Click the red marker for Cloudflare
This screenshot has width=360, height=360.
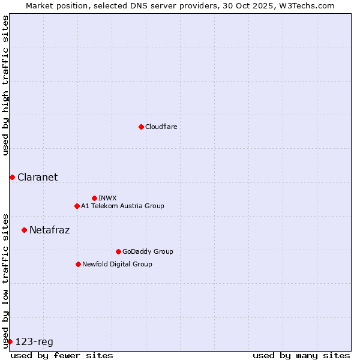(141, 127)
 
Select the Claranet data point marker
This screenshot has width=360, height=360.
(12, 177)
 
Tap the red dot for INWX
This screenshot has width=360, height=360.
(94, 198)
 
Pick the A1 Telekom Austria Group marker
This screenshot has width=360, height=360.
(77, 206)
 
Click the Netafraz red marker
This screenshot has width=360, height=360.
(24, 230)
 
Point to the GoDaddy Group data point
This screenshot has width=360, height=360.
(118, 251)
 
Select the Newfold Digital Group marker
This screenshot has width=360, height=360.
(78, 264)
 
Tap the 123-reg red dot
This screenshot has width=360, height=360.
(10, 341)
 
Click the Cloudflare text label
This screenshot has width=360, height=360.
(161, 127)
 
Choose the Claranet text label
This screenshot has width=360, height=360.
(37, 177)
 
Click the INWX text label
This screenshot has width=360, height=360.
(107, 198)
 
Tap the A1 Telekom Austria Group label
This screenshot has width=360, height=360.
(122, 206)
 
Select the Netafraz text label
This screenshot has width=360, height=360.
(49, 230)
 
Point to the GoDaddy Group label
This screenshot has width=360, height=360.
(148, 251)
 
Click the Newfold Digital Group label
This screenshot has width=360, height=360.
(117, 264)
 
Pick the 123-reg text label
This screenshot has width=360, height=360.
(34, 342)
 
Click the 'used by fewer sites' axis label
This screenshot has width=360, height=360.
(62, 355)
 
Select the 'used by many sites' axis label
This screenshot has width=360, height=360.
(301, 355)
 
